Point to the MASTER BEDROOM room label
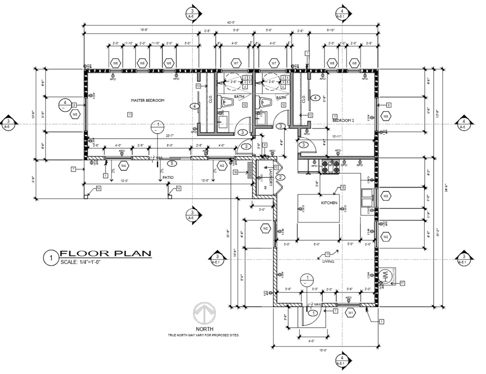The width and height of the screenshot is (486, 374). tap(148, 101)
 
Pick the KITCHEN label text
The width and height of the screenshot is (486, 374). tap(329, 203)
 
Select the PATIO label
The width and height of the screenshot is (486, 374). tap(168, 177)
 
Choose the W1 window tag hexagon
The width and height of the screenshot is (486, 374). tap(351, 312)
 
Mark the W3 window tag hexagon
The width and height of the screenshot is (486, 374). tap(386, 196)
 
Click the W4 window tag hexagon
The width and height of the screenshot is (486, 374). tap(123, 165)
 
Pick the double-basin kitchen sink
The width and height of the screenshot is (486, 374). tap(368, 198)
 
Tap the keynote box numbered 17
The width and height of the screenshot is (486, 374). tap(402, 283)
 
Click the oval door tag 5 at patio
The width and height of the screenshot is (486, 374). tap(172, 163)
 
